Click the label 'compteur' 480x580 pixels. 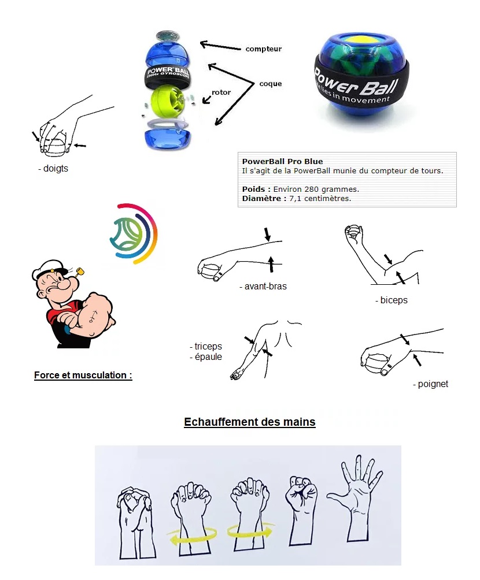coord(263,49)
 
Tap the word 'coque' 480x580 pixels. coord(271,84)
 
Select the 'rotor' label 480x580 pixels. coord(221,92)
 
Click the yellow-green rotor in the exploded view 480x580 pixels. coord(167,100)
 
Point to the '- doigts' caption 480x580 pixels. coord(53,168)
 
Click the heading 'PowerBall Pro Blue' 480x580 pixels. coord(282,161)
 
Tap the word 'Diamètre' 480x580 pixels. coord(261,198)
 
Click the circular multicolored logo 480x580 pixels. coord(134,233)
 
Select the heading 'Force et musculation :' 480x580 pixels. coord(83,375)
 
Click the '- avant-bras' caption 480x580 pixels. coord(263,287)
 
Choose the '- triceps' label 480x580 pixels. coord(205,346)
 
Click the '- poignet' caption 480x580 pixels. coord(430,384)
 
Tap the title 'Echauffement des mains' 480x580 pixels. coord(250,422)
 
